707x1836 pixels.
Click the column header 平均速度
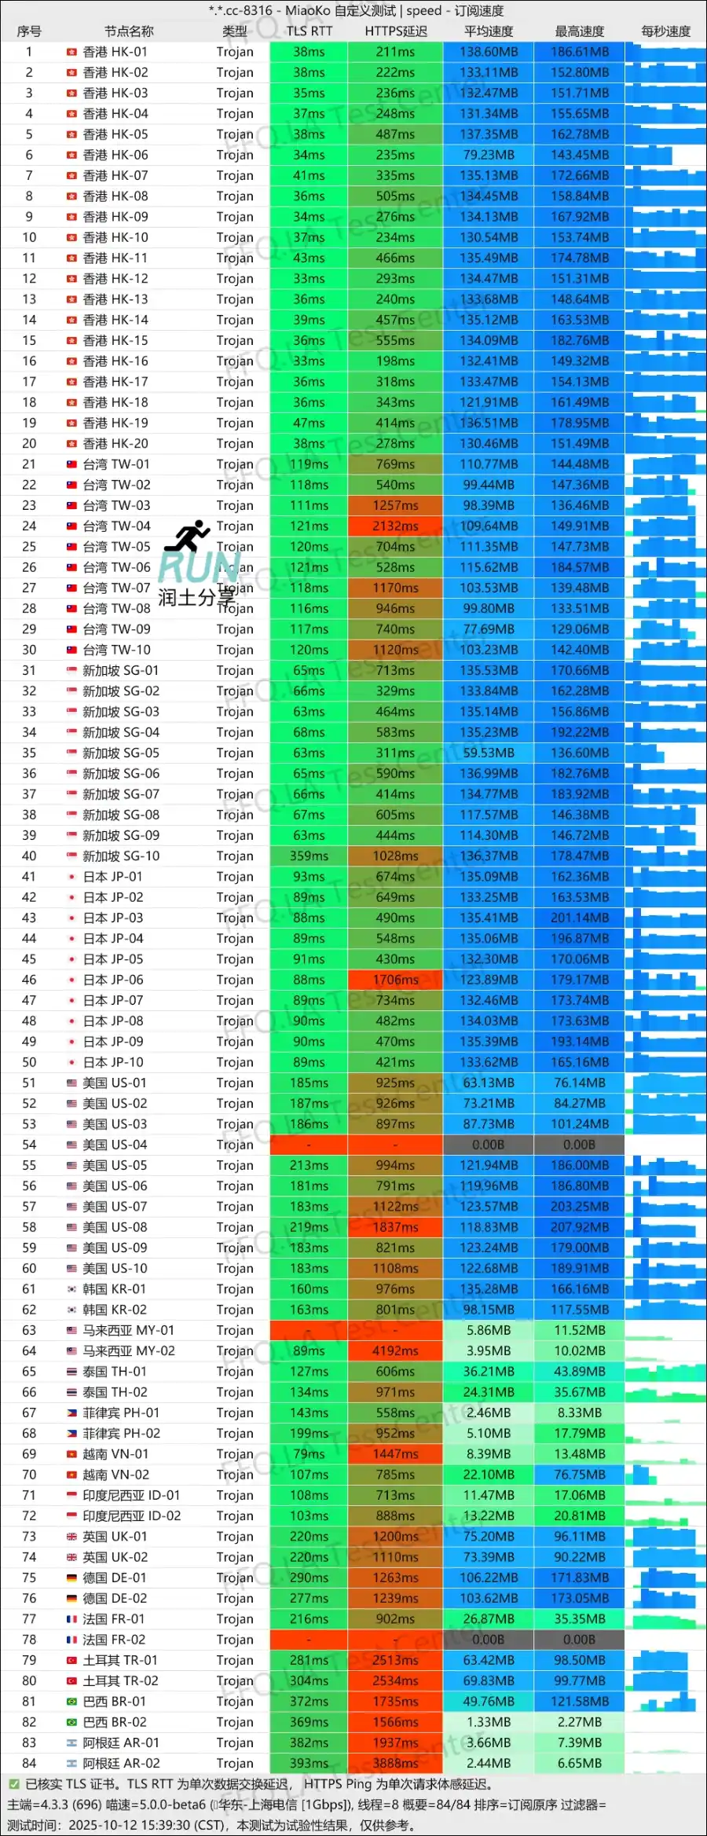pyautogui.click(x=488, y=31)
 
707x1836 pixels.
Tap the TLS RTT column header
pyautogui.click(x=309, y=31)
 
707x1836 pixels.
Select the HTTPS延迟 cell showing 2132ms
pyautogui.click(x=395, y=526)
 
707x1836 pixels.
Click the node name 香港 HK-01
pyautogui.click(x=115, y=52)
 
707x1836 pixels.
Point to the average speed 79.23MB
pyautogui.click(x=488, y=155)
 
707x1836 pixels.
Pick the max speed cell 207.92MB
pyautogui.click(x=579, y=1227)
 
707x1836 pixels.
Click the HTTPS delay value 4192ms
pyautogui.click(x=395, y=1351)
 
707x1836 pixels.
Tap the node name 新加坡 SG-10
pyautogui.click(x=121, y=856)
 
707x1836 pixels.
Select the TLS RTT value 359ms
pyautogui.click(x=309, y=856)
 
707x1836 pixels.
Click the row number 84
pyautogui.click(x=29, y=1763)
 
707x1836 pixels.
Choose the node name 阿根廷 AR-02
pyautogui.click(x=121, y=1763)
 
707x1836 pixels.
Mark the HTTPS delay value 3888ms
pyautogui.click(x=395, y=1763)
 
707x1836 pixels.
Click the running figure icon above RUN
pyautogui.click(x=189, y=535)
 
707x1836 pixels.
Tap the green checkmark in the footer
pyautogui.click(x=14, y=1784)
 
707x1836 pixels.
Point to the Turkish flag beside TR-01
pyautogui.click(x=71, y=1660)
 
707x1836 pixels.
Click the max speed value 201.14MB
pyautogui.click(x=579, y=918)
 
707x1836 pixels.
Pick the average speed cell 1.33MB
pyautogui.click(x=488, y=1722)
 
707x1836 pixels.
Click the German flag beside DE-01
pyautogui.click(x=71, y=1578)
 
